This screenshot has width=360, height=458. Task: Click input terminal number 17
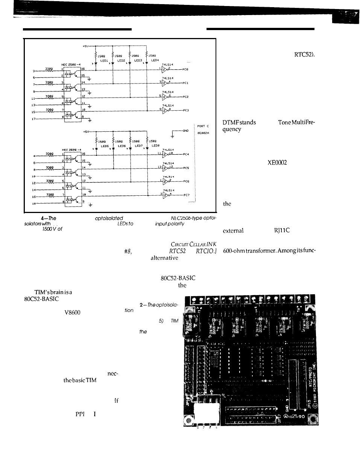pyautogui.click(x=33, y=119)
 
